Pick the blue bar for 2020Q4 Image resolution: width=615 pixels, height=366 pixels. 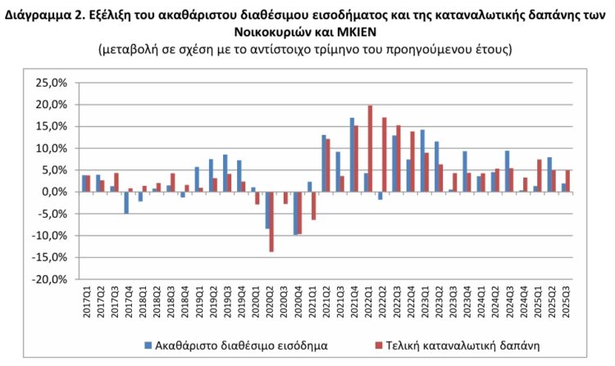[295, 213]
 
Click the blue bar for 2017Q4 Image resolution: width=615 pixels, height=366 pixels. [126, 202]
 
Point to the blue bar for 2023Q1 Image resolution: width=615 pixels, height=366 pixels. [422, 160]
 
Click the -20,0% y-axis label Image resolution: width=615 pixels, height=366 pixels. [50, 278]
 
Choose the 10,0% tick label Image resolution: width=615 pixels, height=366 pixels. [51, 148]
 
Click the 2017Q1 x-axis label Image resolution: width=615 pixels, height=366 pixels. [84, 300]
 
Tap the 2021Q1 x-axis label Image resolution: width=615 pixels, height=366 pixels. [310, 300]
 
